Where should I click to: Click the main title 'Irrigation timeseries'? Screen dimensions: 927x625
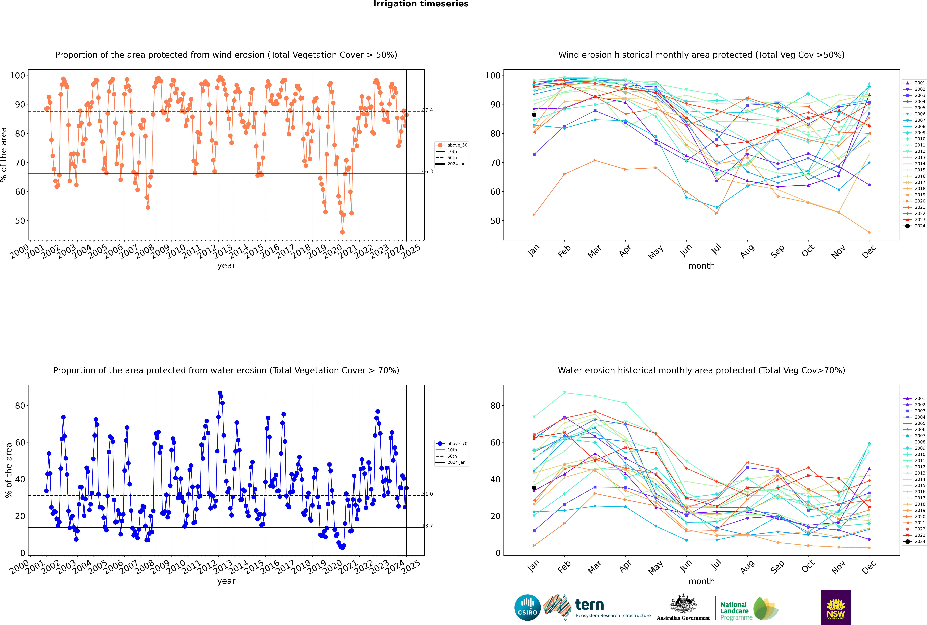click(421, 4)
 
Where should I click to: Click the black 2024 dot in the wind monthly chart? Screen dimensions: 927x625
click(534, 115)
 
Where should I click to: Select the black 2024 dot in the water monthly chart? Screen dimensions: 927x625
click(534, 488)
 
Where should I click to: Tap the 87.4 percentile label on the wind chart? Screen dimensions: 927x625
click(428, 110)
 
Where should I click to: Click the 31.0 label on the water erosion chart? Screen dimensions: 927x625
click(428, 494)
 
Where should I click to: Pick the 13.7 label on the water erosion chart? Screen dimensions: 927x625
click(428, 526)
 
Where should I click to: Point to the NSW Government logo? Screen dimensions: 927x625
click(836, 607)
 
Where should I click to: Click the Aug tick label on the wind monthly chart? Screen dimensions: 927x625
click(747, 251)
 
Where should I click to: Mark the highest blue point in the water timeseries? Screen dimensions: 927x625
click(220, 393)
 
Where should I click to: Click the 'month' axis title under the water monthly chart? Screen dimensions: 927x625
click(701, 581)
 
